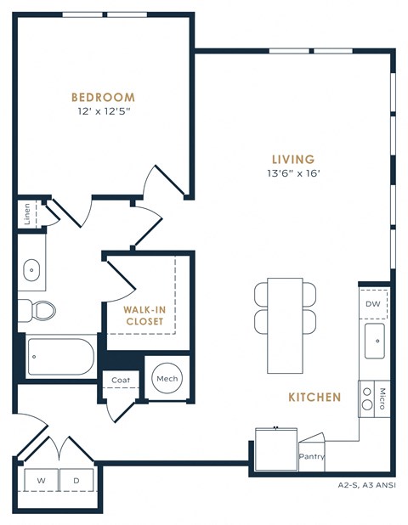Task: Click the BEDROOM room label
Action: pyautogui.click(x=103, y=97)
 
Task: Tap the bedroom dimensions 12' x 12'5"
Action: pyautogui.click(x=103, y=110)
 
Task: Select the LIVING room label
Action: pyautogui.click(x=293, y=159)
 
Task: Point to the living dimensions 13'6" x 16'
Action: pyautogui.click(x=293, y=173)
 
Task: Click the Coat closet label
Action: pyautogui.click(x=121, y=381)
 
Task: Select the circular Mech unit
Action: pyautogui.click(x=166, y=379)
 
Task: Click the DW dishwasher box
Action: pyautogui.click(x=373, y=303)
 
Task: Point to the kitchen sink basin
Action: pyautogui.click(x=374, y=342)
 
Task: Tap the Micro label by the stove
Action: pyautogui.click(x=382, y=398)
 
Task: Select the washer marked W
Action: pyautogui.click(x=40, y=481)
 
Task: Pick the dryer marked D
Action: pyautogui.click(x=76, y=481)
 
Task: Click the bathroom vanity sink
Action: pyautogui.click(x=33, y=271)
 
